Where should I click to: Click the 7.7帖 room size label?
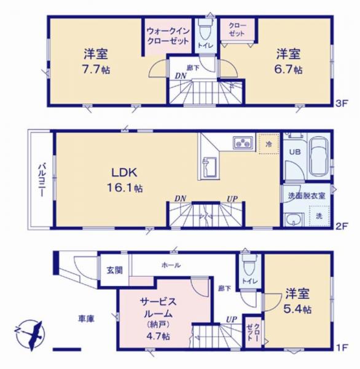(96, 69)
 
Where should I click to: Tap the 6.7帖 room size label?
(289, 69)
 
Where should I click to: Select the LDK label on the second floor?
(124, 173)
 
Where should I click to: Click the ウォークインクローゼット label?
(168, 36)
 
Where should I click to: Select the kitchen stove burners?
(243, 143)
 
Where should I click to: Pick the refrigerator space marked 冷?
(268, 144)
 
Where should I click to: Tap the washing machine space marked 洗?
(319, 216)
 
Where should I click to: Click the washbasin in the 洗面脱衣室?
(294, 220)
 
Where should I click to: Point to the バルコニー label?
(42, 180)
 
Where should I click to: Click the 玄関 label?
(115, 270)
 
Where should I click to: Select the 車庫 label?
(86, 319)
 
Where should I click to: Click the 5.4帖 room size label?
(298, 309)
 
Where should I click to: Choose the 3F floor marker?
(341, 104)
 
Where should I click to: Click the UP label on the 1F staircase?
(232, 319)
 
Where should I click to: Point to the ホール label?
(171, 265)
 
